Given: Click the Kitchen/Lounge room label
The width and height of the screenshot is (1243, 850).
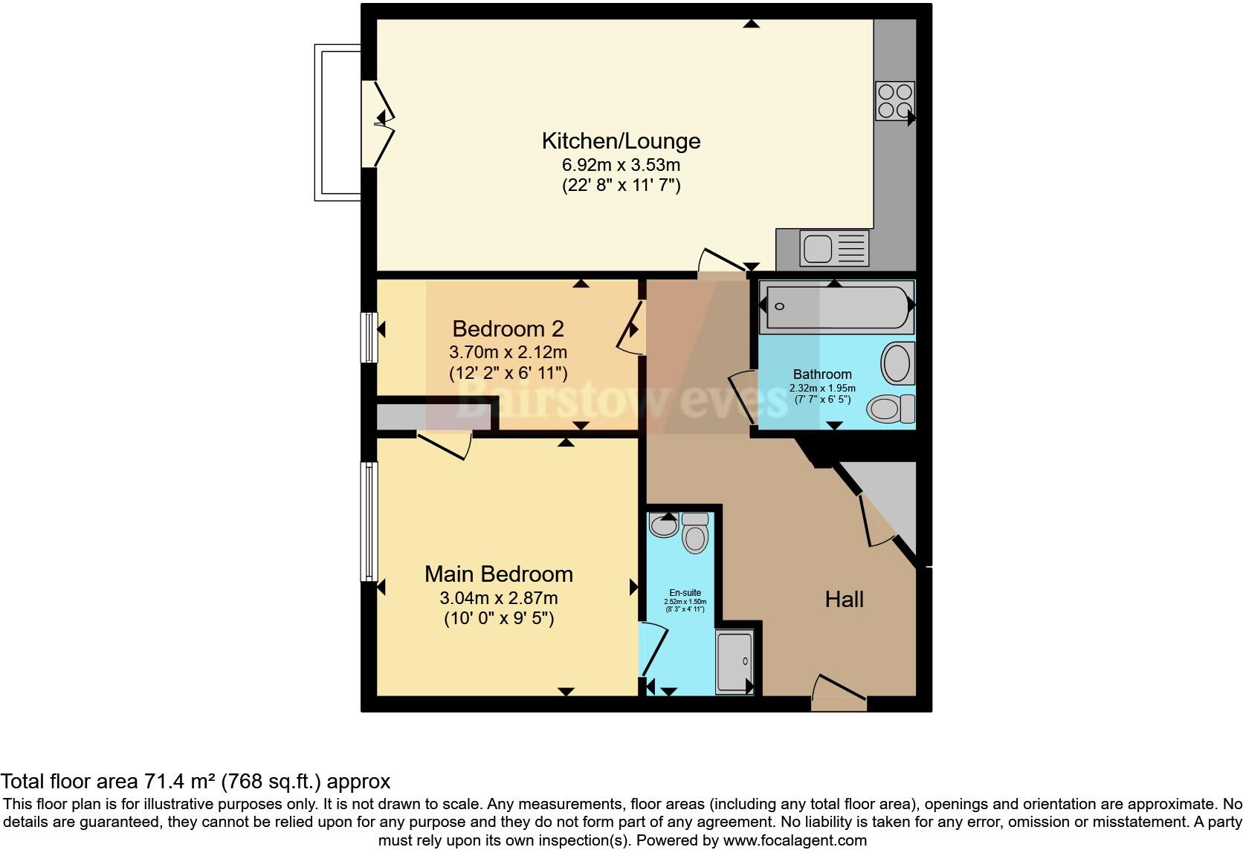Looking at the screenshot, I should point(621,140).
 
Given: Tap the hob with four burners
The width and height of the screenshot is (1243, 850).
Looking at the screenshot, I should point(894,101).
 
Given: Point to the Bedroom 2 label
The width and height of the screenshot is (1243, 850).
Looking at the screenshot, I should point(508,328).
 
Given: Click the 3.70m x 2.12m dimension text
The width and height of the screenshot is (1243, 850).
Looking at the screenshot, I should point(508,351).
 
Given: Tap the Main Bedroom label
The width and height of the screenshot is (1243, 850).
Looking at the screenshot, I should point(498,574).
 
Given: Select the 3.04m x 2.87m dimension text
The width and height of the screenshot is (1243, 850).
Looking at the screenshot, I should point(498,597).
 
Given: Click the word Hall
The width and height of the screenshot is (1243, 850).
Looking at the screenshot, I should point(844,599).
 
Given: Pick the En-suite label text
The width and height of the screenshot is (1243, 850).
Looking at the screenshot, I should point(685,593).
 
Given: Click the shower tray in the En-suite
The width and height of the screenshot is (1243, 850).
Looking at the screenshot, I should point(734,662).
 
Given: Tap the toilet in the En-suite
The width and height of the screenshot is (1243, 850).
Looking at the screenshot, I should point(695,533).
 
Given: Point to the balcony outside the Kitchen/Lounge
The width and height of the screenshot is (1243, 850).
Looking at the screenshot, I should point(338,123).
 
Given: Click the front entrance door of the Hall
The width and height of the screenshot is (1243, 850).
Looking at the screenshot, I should point(839,695).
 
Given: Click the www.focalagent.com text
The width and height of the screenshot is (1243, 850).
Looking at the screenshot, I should point(795,841).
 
